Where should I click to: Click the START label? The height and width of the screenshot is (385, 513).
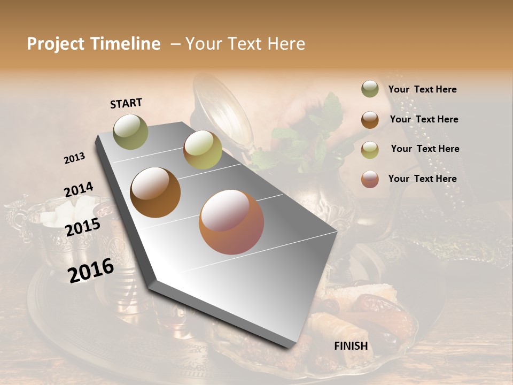point(126,103)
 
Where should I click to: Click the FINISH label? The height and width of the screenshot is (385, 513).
point(351,346)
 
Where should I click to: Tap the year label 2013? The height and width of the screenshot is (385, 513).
point(74,158)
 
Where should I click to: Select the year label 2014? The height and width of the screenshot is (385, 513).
point(79,190)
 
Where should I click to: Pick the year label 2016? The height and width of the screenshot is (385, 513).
point(91,270)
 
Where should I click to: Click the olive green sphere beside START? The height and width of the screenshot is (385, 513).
point(130,132)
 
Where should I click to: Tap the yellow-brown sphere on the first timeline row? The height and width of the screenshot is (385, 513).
point(203,150)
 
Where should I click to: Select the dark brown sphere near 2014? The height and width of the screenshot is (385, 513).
point(156,192)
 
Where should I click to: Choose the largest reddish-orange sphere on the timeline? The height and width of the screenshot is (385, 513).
point(231,222)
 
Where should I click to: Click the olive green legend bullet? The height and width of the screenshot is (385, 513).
point(370,89)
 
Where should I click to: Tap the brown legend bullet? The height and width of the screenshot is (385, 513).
point(370,120)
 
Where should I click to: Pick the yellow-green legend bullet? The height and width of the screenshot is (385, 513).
point(370,150)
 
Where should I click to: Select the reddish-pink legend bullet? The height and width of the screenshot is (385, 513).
point(370,179)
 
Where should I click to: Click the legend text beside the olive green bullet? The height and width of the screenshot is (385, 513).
point(422,90)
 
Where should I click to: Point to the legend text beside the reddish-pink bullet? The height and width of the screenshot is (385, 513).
point(422,179)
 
